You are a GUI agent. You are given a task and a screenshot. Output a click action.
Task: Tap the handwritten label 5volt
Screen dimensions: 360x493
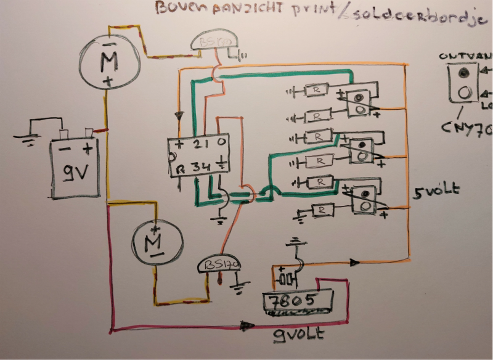(436, 190)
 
